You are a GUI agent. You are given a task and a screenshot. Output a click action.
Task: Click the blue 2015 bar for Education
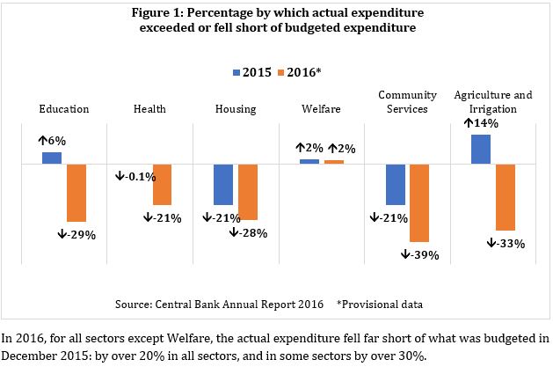click(x=53, y=158)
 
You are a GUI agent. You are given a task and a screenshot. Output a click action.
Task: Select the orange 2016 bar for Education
click(x=76, y=192)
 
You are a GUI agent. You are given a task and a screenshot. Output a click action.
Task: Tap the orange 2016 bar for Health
click(x=162, y=184)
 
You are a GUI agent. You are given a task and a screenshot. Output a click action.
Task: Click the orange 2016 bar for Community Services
click(x=419, y=202)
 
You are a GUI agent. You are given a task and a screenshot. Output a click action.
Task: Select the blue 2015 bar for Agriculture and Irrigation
click(x=481, y=149)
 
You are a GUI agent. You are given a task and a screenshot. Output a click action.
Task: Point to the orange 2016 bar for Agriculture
click(x=505, y=196)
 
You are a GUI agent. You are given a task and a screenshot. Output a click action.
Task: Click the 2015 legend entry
click(x=250, y=71)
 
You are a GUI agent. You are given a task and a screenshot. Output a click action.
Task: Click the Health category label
click(x=150, y=109)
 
